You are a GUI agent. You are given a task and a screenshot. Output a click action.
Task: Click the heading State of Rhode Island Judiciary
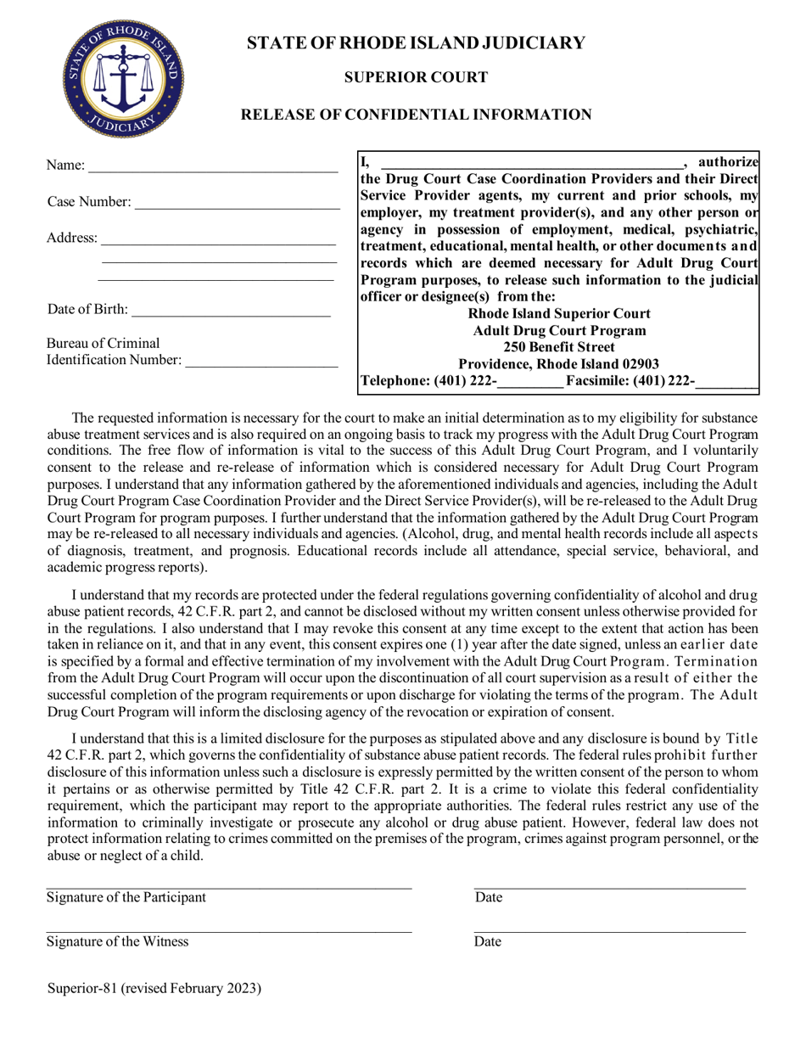point(416,43)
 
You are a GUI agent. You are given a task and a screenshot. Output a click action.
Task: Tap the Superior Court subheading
point(416,78)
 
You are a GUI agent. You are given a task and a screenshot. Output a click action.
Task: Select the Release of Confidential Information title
point(416,115)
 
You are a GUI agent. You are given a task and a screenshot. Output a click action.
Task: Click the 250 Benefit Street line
point(559,347)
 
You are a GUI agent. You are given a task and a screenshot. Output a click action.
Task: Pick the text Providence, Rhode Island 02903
point(559,364)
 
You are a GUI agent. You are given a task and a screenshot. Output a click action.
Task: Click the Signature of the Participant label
point(126,898)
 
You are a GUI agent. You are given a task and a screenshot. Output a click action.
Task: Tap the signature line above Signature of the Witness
point(229,931)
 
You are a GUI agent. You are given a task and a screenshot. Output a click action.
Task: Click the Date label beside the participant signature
point(488,898)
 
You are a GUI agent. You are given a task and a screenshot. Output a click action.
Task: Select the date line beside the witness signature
point(609,931)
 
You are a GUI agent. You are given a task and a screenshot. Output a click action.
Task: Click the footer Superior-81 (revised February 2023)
point(154,988)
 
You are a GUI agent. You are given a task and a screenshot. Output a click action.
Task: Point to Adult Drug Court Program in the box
point(559,331)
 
